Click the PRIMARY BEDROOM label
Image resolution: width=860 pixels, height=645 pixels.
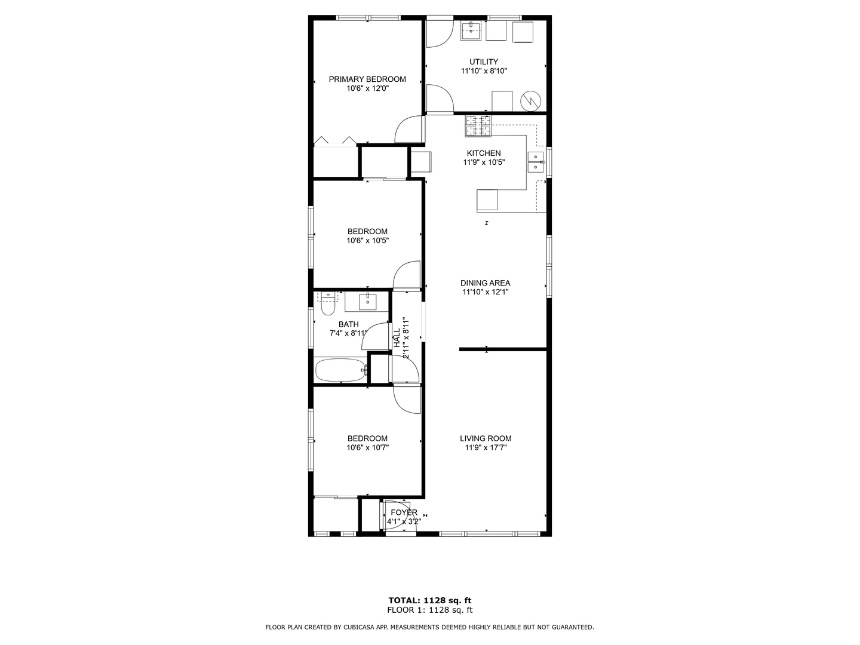coord(367,79)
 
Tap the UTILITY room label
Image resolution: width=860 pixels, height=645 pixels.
coord(484,62)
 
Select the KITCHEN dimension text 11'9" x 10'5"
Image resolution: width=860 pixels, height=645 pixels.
coord(484,162)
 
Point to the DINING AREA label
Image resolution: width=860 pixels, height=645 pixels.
coord(485,282)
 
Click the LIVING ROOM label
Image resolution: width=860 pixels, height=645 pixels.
coord(486,438)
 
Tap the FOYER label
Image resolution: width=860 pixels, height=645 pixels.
coord(404,512)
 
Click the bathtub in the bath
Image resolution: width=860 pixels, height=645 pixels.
coord(341,370)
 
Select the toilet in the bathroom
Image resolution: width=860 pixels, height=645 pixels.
coord(327,303)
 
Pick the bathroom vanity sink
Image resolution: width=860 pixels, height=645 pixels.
coord(367,302)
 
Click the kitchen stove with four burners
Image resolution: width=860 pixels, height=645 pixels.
coord(478,126)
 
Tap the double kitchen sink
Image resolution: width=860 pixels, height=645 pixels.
coord(536,162)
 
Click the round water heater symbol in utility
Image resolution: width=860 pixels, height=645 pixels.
coord(530,102)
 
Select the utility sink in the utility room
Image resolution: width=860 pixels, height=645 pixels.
coord(471,31)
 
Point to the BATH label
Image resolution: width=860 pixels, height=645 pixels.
coord(348,324)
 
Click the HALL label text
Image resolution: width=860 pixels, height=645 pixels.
coord(397,337)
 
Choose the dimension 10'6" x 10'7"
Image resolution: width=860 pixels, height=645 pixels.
coord(367,448)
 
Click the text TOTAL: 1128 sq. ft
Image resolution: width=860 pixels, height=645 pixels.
coord(430,600)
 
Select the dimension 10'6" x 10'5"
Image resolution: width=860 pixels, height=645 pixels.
coord(367,241)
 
